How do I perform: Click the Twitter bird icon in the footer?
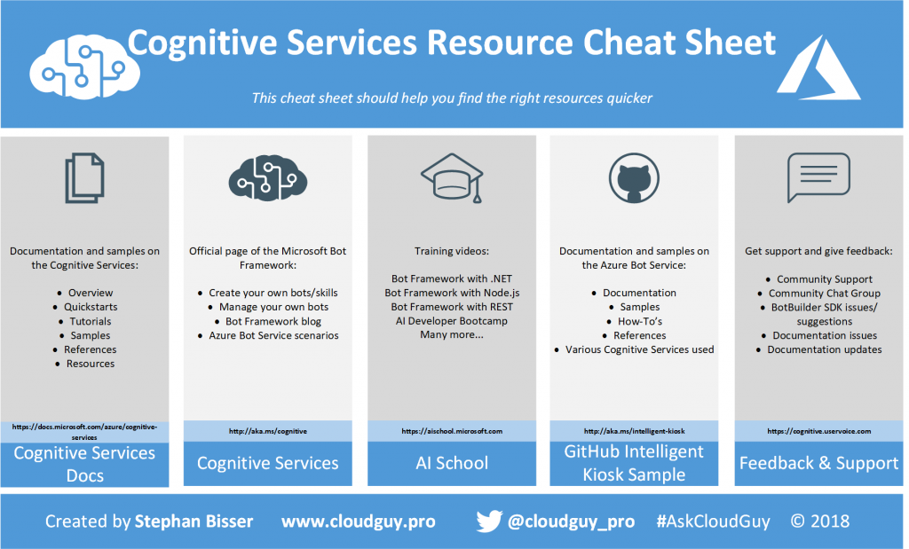(x=489, y=522)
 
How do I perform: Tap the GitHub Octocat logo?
(x=634, y=177)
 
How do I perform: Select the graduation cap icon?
(x=452, y=177)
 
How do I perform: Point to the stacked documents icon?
(x=84, y=177)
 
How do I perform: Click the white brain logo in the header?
(x=84, y=67)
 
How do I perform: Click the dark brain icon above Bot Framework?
(x=268, y=177)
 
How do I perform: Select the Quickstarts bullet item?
(x=91, y=307)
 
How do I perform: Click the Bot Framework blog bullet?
(x=273, y=321)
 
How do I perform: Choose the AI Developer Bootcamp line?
(x=452, y=321)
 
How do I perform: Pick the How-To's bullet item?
(x=639, y=321)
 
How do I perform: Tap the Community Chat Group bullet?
(x=825, y=293)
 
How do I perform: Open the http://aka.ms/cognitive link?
(x=268, y=431)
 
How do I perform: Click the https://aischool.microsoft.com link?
(x=452, y=431)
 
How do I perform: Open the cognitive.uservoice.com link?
(x=818, y=431)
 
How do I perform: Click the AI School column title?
(x=452, y=463)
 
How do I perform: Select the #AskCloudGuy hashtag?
(x=713, y=522)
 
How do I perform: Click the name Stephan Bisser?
(x=194, y=522)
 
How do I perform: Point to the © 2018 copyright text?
(x=819, y=522)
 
